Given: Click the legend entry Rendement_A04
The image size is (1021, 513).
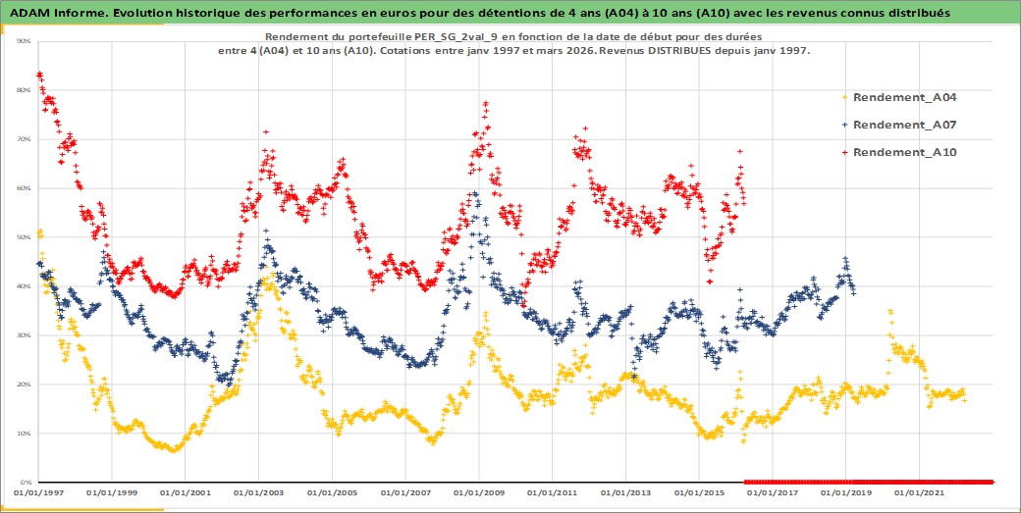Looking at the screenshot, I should [904, 97].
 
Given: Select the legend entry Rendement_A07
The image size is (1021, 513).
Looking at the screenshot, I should [904, 125].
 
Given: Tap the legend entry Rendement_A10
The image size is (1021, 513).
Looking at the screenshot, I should [904, 152].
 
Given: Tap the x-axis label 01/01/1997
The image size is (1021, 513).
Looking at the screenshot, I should [40, 491].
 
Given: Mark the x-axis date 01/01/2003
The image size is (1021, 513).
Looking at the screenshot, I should [261, 491].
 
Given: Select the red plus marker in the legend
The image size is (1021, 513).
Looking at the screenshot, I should [845, 152].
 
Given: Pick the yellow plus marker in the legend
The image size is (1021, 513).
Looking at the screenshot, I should [845, 97].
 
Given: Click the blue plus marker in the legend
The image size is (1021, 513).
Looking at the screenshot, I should [845, 125].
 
